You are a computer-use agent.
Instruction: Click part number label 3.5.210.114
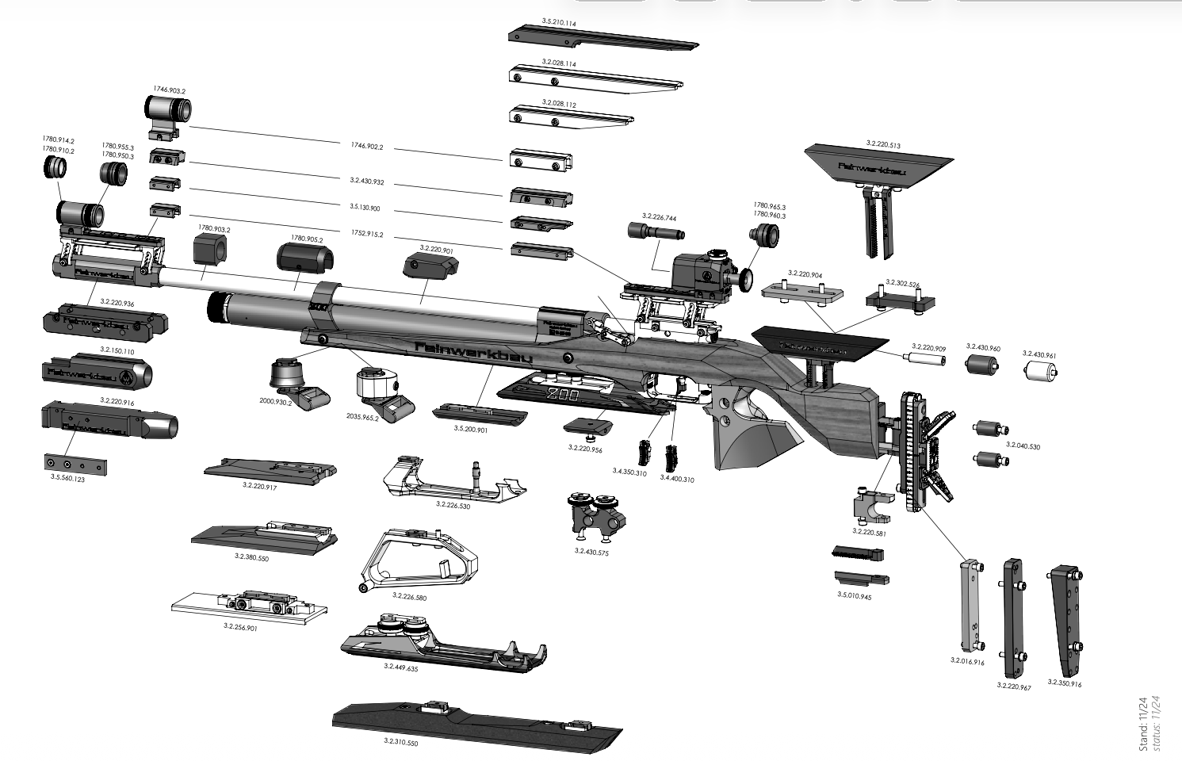[559, 22]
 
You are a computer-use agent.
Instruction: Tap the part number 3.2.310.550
[400, 742]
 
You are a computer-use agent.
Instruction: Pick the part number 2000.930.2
[276, 401]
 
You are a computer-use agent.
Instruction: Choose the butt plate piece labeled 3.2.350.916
[1065, 618]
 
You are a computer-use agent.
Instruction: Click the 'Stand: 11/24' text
[1143, 723]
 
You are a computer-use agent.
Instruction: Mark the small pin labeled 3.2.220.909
[924, 359]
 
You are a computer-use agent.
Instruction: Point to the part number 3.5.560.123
[67, 480]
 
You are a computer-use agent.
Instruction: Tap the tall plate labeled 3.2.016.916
[969, 604]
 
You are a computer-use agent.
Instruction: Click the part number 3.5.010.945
[854, 595]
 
